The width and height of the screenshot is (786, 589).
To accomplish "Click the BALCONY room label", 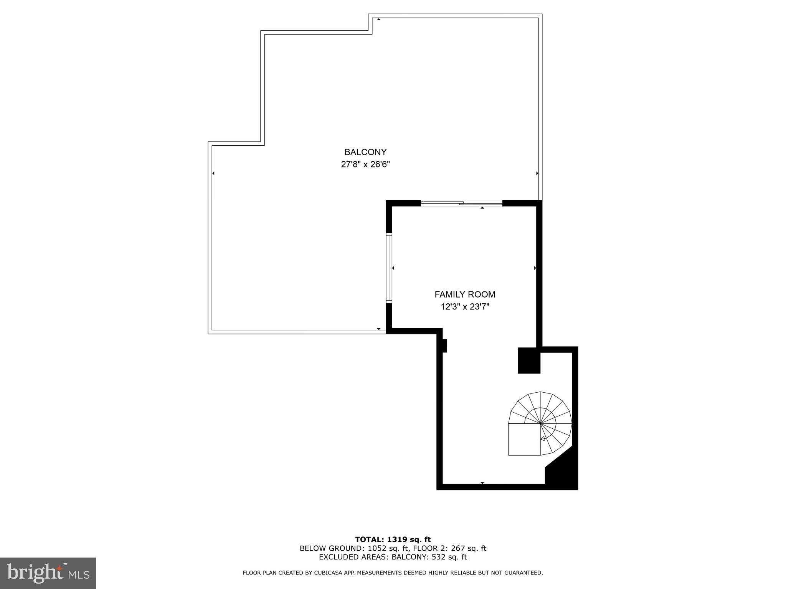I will point(365,152).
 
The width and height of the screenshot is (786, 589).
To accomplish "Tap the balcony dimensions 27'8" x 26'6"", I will point(365,165).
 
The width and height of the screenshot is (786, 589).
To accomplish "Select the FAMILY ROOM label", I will point(464,294).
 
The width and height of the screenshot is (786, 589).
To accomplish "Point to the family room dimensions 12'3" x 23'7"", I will point(464,307).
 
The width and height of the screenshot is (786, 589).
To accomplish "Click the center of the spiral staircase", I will point(540,423).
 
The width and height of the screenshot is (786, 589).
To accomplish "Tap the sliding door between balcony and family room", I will point(462,204).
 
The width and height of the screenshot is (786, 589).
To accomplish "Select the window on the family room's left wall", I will point(389,268).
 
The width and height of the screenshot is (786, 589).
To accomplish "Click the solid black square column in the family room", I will point(529,360).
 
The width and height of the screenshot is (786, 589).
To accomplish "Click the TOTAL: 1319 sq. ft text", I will point(393,540).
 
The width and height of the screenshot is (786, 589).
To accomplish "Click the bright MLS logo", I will point(48,573).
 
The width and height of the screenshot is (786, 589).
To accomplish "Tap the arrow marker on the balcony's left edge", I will point(213,173).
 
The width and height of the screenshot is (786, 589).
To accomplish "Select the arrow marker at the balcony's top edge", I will point(379,19).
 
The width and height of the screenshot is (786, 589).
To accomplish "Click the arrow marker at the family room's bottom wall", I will point(482,483).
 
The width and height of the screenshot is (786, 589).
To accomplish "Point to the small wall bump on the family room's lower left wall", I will point(444,346).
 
